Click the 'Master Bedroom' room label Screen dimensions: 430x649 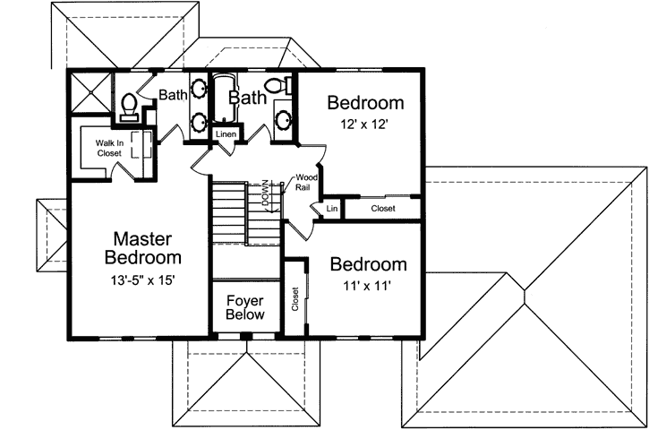[148, 248]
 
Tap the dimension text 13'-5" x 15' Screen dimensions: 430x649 [148, 279]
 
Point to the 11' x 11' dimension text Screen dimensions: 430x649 [367, 287]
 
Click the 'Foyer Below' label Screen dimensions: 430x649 [244, 307]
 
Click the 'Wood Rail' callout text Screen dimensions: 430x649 [306, 184]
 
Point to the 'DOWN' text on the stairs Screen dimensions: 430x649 [266, 194]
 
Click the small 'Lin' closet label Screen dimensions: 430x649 [331, 209]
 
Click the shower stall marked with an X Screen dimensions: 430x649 [90, 92]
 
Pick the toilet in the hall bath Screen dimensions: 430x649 [286, 87]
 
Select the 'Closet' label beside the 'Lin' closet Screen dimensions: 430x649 [382, 209]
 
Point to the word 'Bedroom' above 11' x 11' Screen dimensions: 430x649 [368, 264]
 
